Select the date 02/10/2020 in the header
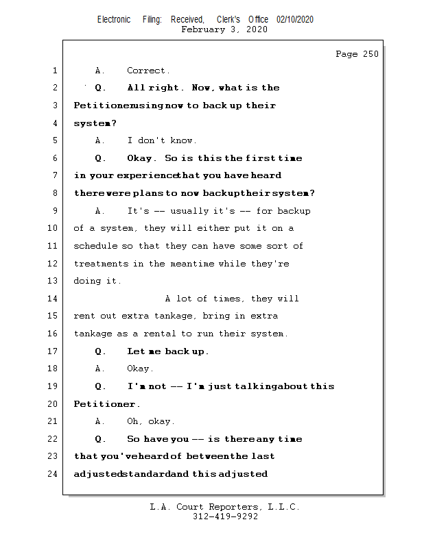click(295, 20)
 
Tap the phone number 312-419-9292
click(225, 516)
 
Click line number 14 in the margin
click(54, 299)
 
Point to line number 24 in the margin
click(54, 473)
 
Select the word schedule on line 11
click(95, 246)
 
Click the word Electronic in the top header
click(114, 20)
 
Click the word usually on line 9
click(191, 211)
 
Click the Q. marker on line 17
click(100, 351)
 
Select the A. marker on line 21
click(100, 421)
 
